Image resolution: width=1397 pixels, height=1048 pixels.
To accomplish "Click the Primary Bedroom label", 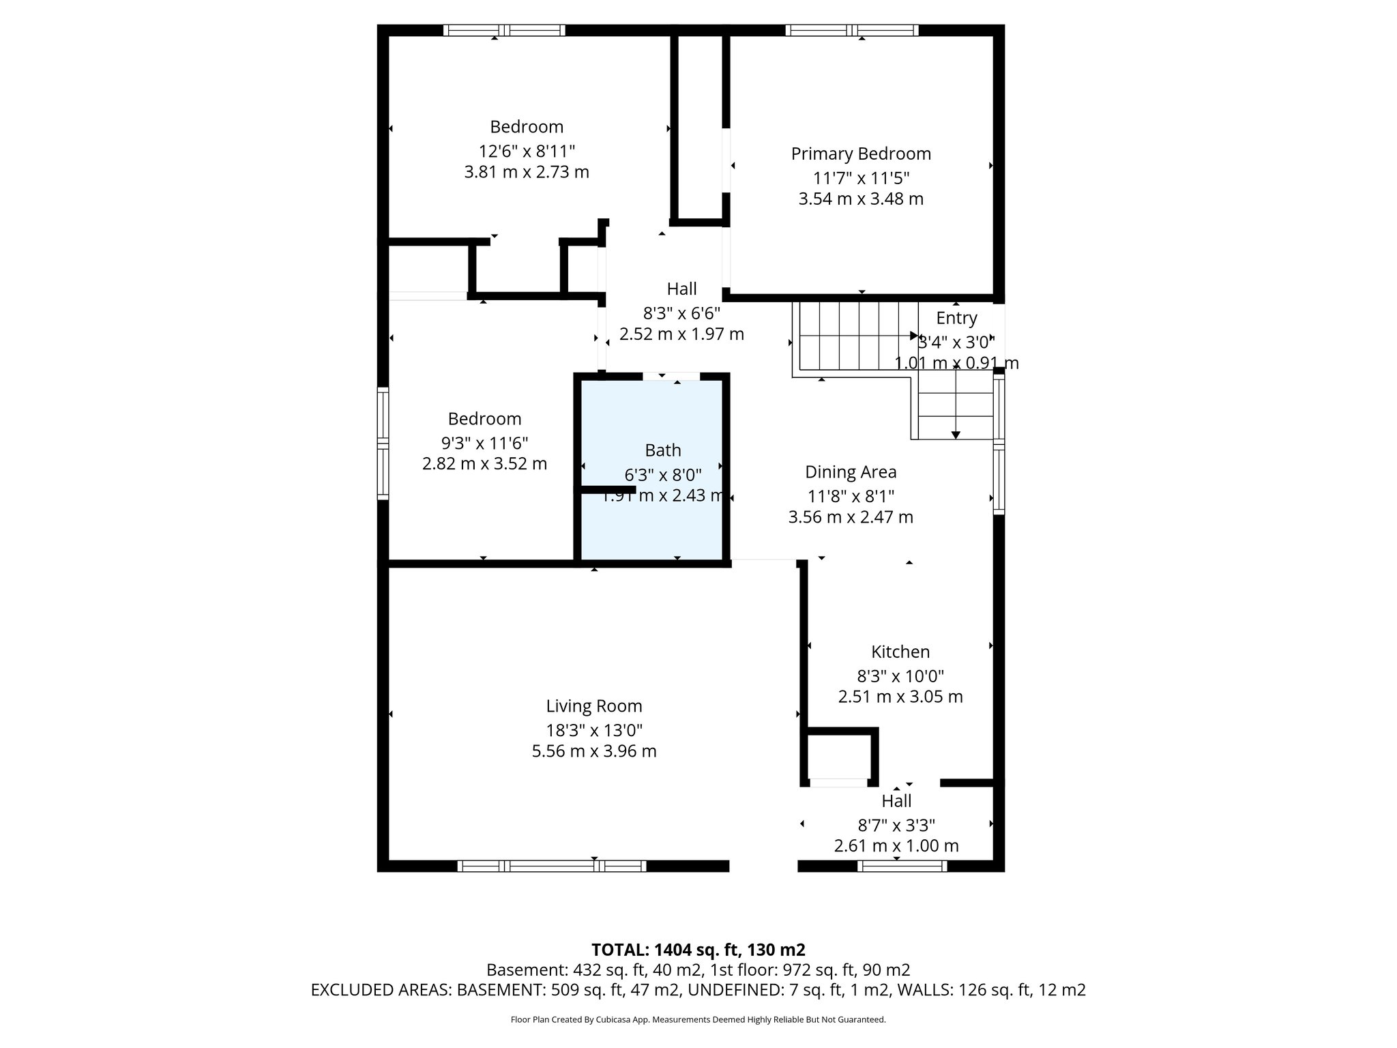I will (861, 154).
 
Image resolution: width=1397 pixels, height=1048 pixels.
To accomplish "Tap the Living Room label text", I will (593, 706).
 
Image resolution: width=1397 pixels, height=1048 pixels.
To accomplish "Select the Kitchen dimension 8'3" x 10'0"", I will (900, 676).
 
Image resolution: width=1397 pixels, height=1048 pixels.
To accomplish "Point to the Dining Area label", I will (850, 472).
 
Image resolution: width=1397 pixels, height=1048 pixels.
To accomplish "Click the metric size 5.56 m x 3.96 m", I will (593, 751).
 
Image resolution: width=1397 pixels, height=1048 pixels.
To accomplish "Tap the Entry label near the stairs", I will (956, 318).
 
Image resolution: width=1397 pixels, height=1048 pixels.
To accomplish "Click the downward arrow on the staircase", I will (956, 434).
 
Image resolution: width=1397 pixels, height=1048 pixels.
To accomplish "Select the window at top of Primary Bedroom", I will (851, 30).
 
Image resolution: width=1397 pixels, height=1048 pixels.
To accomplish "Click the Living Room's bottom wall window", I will (551, 866).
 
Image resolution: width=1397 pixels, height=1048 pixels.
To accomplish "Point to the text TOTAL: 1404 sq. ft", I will (698, 950).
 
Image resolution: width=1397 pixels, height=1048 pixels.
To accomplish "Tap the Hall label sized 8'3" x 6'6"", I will (681, 289).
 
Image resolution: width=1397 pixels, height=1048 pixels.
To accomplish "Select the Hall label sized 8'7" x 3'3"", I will (896, 801).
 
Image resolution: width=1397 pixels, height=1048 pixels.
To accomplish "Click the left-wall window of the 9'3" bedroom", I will (383, 443).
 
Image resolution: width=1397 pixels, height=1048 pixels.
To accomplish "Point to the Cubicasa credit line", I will (698, 1020).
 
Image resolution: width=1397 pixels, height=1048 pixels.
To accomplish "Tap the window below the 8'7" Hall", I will (902, 866).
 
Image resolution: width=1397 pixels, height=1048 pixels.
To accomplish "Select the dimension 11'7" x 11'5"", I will (861, 178).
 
